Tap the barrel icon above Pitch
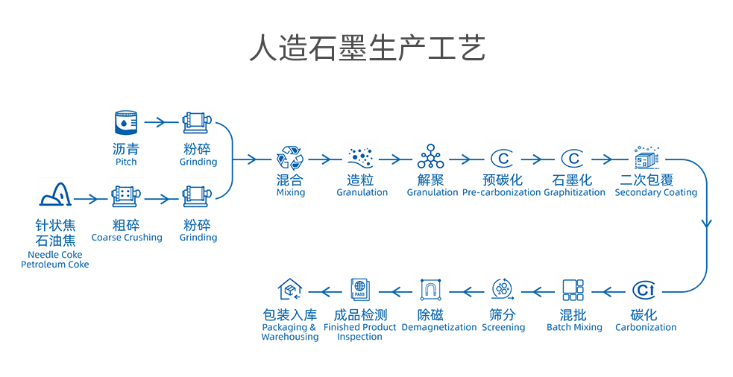point(125,122)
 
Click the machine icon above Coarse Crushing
point(125,197)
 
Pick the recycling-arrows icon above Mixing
point(290,159)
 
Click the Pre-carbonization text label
point(501,192)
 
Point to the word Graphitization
point(574,192)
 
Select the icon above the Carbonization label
point(645,290)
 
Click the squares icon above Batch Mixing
point(573,290)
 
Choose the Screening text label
point(503,327)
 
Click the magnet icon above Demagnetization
point(432,290)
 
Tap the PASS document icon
point(359,290)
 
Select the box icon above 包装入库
point(289,290)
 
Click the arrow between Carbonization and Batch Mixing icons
point(611,291)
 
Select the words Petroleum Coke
point(55,264)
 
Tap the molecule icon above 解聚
point(431,158)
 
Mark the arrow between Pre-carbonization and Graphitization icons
point(535,159)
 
